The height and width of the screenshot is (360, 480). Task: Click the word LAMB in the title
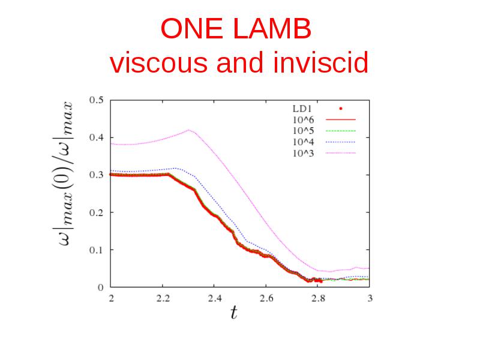point(272,28)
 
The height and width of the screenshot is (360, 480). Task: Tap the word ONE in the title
point(191,28)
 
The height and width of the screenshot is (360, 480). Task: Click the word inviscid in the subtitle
point(321,62)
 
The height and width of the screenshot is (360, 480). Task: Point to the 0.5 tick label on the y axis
point(97,100)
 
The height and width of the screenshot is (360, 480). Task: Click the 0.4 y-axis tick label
point(97,137)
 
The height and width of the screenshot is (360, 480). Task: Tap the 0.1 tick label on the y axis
point(97,250)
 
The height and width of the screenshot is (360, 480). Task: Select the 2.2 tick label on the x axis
point(163,298)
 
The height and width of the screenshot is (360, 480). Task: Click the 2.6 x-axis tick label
point(266,298)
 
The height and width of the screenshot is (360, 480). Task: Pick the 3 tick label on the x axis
point(370,298)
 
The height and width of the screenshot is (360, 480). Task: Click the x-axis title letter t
point(234,313)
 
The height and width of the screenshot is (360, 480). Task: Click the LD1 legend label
point(302,109)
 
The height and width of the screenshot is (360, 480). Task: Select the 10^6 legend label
point(304,119)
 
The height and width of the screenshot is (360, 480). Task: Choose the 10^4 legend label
point(304,142)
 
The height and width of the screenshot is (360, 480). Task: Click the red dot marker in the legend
point(341,109)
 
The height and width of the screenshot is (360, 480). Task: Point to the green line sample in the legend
point(341,131)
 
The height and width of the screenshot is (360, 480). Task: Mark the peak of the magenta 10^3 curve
point(189,130)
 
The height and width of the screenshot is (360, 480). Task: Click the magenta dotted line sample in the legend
point(341,153)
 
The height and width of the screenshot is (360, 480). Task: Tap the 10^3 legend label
point(304,153)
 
